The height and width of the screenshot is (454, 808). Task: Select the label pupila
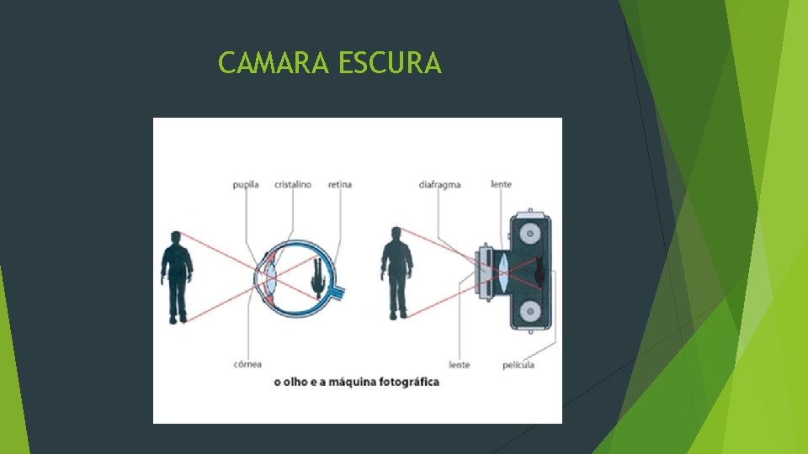point(246,185)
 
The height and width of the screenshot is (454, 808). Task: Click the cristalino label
point(293,185)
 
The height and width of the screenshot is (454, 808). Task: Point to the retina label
point(340,185)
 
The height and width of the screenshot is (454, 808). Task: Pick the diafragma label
point(439,185)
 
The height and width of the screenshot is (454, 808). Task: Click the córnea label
point(247,364)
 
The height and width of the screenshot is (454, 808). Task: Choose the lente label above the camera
point(502,185)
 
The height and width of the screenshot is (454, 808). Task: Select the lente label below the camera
point(460,365)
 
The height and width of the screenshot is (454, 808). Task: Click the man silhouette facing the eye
point(177,277)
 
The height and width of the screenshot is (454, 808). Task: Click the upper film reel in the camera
point(529,233)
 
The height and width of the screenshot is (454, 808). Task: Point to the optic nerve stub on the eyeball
point(340,293)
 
